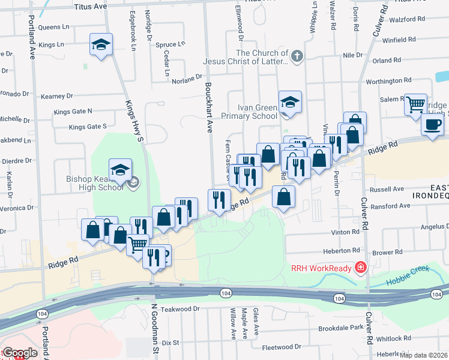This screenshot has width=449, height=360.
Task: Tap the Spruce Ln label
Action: tap(170, 44)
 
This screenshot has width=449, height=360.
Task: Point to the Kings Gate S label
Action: tap(88, 127)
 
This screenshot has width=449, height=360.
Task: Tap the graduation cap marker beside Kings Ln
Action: tap(101, 44)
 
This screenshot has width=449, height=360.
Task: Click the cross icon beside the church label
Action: tap(297, 56)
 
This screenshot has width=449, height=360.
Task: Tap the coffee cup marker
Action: tap(432, 124)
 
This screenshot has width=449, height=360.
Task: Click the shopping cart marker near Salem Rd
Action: tap(415, 104)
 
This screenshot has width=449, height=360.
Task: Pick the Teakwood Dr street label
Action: tap(180, 308)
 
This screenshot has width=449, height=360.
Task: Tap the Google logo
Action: tap(19, 353)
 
